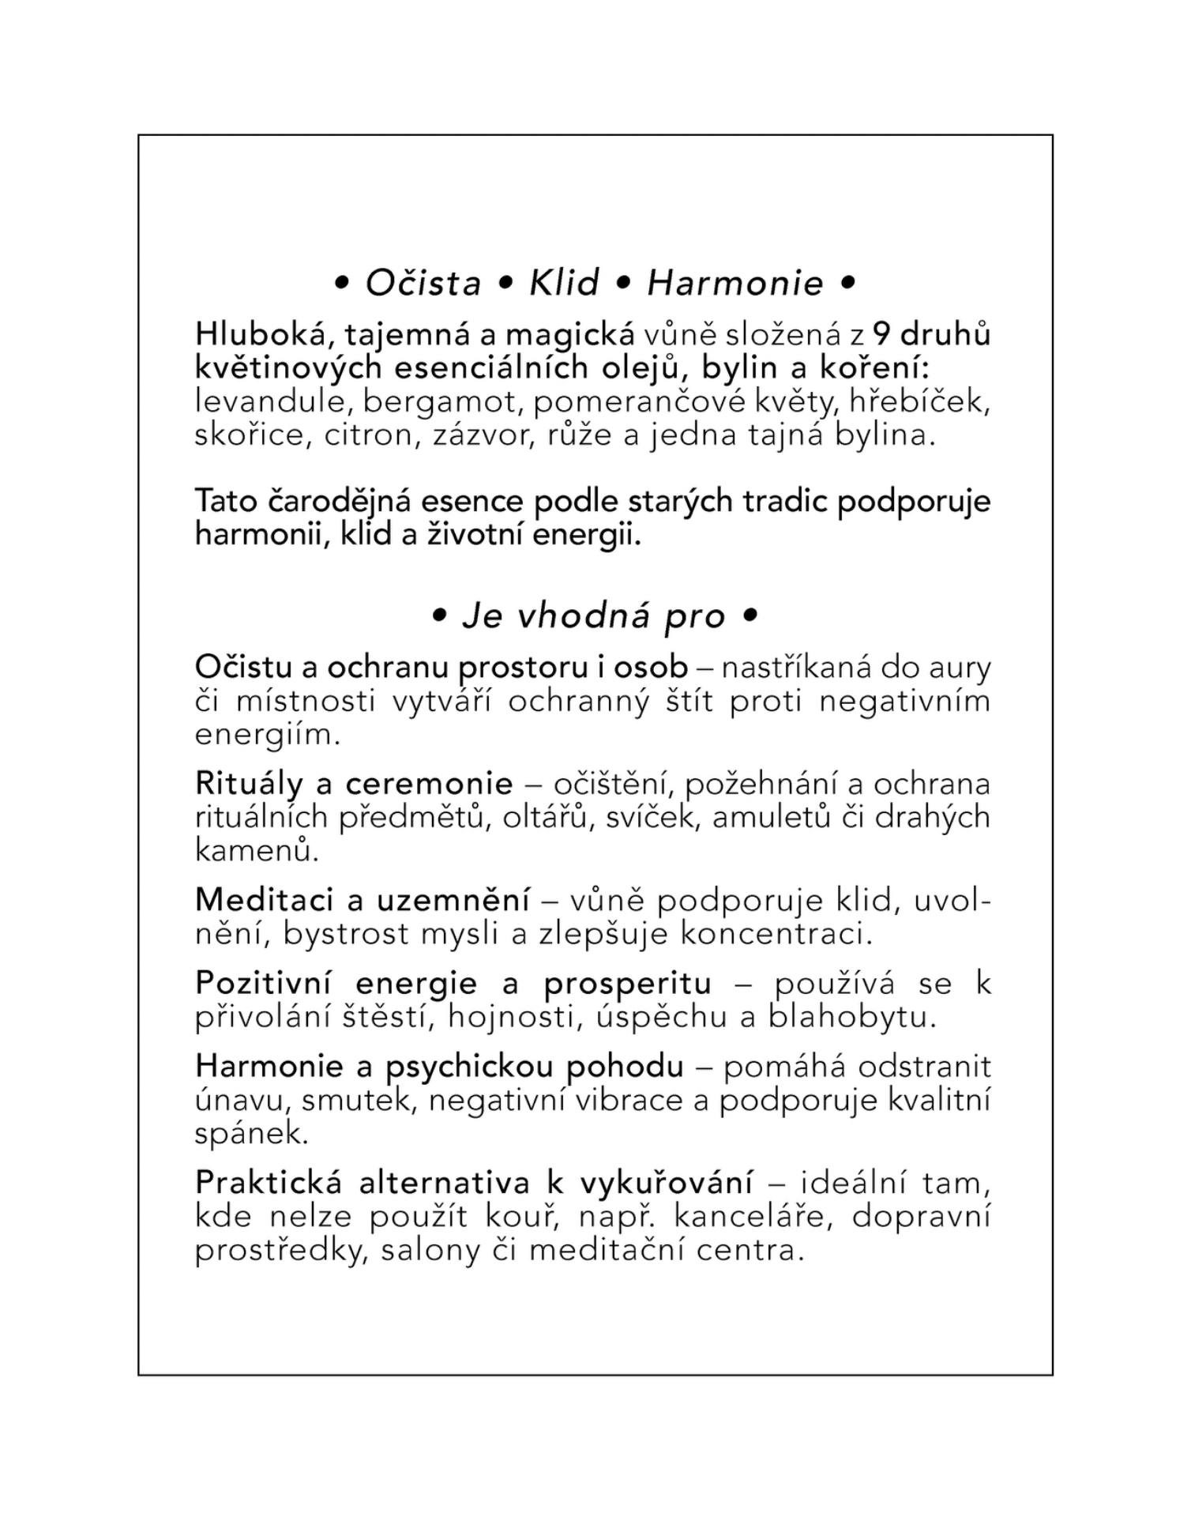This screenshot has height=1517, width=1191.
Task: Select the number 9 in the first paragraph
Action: click(882, 334)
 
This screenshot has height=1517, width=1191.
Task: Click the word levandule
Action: click(270, 401)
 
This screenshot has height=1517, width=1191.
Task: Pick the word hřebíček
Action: click(919, 401)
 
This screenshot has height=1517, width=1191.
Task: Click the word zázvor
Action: click(472, 435)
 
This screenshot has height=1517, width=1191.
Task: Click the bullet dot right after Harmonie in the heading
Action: click(848, 282)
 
